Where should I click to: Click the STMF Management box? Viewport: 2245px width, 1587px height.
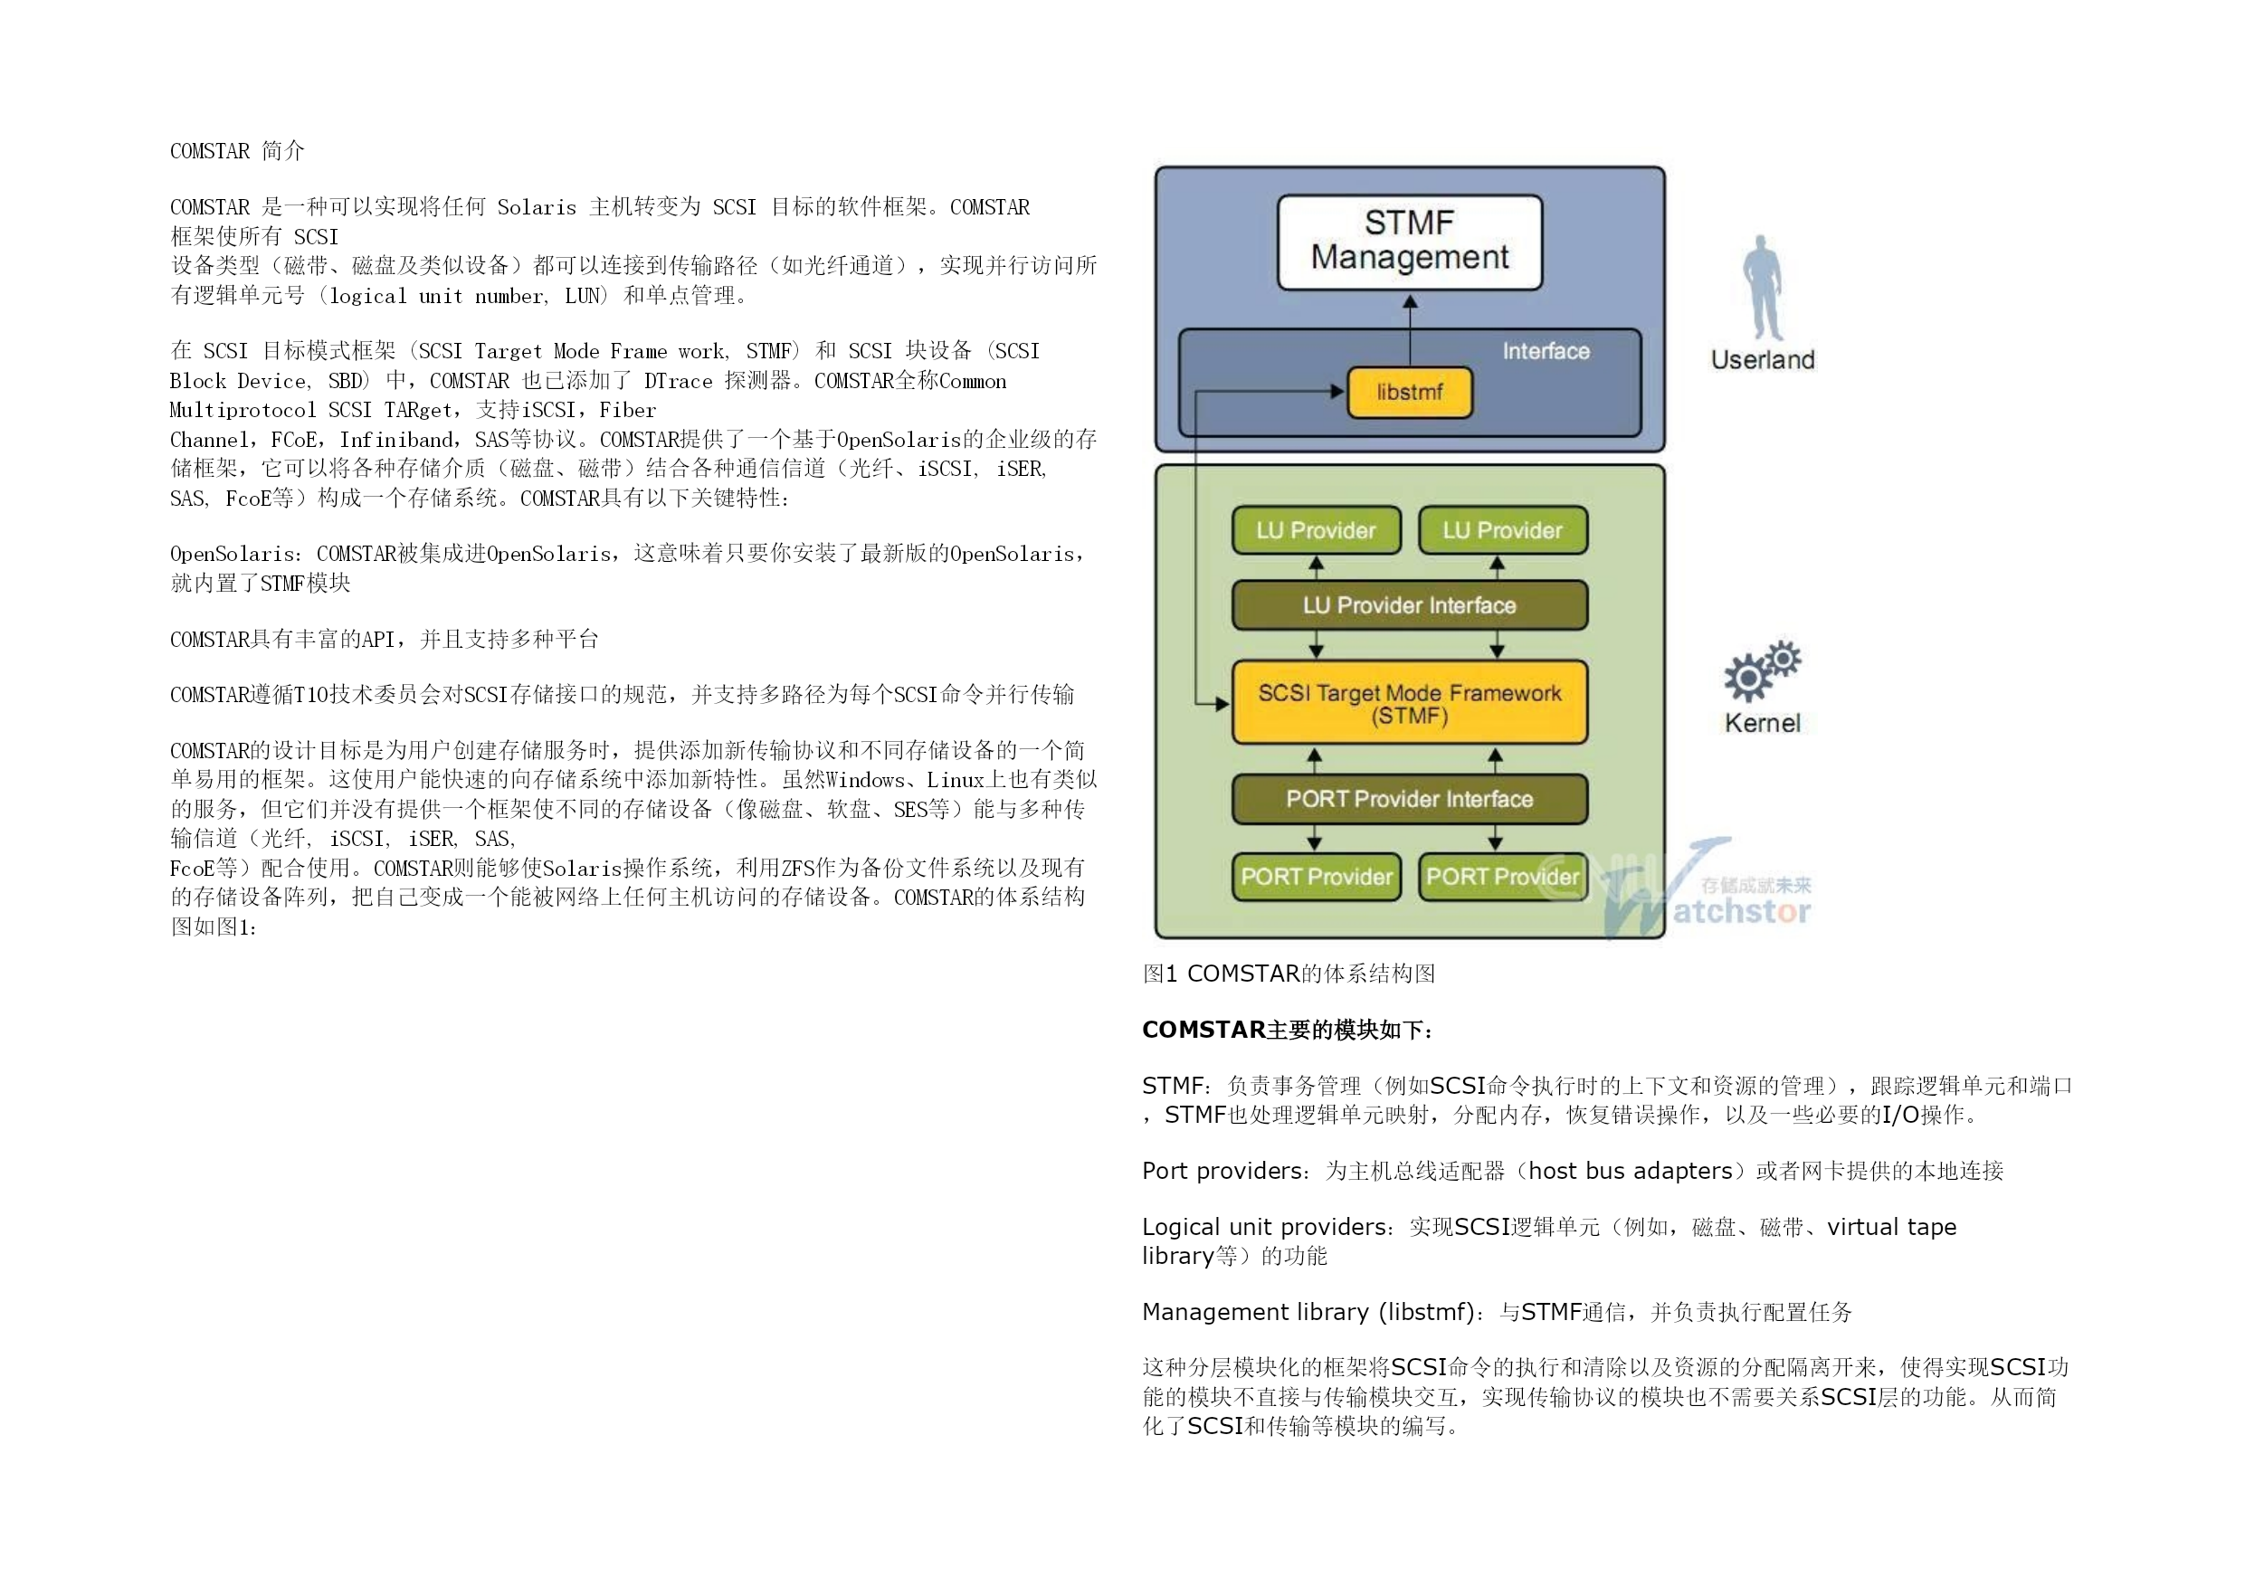point(1409,242)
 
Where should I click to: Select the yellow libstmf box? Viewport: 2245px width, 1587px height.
point(1409,392)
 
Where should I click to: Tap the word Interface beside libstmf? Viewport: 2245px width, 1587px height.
point(1545,351)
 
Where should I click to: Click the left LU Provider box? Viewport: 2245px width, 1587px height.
point(1316,530)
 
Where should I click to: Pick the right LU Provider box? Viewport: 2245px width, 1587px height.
point(1502,530)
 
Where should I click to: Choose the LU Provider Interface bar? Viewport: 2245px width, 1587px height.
point(1409,605)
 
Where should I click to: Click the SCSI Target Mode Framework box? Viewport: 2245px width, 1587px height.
point(1409,703)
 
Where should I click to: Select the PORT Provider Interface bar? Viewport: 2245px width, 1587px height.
point(1409,799)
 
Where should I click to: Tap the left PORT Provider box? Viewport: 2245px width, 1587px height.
point(1316,876)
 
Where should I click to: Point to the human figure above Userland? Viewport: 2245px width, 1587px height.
point(1762,288)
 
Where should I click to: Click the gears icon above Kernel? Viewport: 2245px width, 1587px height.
point(1761,670)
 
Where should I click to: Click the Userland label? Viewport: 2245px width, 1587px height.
point(1762,360)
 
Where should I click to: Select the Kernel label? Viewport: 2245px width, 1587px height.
point(1762,723)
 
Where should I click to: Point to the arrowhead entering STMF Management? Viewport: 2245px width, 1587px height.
point(1409,302)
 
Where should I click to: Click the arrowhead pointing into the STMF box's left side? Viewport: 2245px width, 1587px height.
point(1222,703)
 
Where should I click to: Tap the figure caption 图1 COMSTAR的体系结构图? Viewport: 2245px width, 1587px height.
point(1288,973)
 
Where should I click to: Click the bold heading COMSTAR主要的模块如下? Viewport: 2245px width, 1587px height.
point(1287,1030)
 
